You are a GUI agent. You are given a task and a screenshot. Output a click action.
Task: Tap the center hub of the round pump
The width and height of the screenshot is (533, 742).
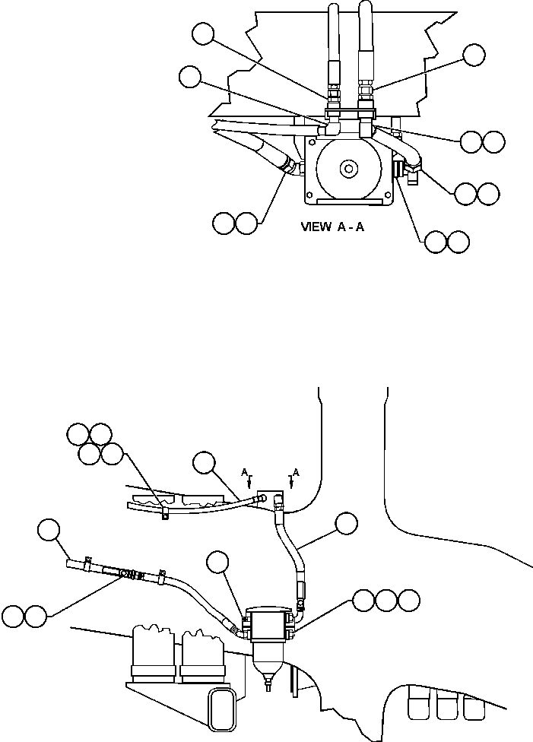348,169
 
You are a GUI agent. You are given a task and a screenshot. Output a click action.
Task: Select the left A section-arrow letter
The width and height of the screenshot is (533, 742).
246,473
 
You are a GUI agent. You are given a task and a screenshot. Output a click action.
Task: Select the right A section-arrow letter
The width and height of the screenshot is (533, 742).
296,473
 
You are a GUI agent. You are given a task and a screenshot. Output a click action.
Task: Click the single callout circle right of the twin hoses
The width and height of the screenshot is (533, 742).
474,55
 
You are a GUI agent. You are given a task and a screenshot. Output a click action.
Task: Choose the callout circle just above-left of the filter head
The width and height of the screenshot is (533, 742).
219,563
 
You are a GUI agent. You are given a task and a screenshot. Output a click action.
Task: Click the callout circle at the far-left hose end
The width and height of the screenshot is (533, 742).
51,530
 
